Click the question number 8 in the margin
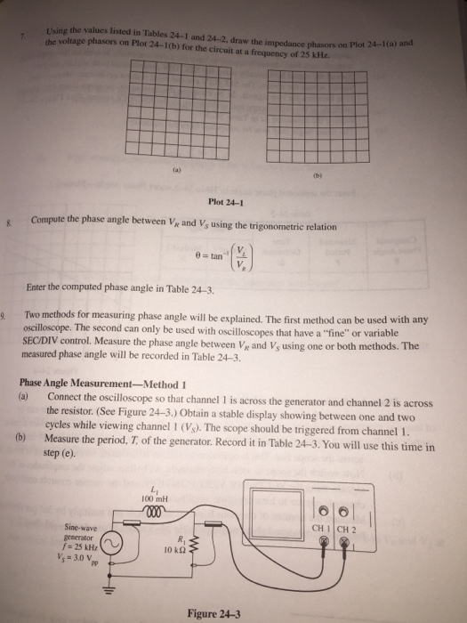[x=9, y=221]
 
